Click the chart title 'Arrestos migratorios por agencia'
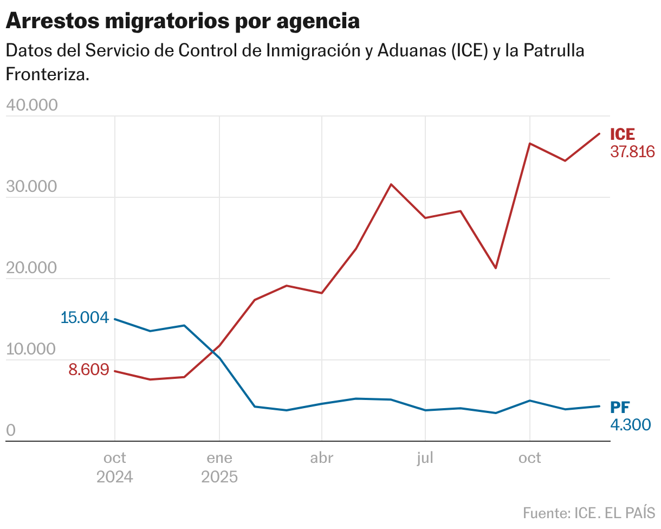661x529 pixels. [x=183, y=21]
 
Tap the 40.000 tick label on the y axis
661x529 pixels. [x=31, y=106]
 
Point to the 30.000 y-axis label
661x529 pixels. [x=31, y=187]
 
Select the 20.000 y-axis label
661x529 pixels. [x=31, y=268]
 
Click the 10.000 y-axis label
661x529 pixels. [x=31, y=350]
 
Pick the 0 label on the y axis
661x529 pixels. [x=11, y=431]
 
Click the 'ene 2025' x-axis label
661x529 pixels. [x=219, y=467]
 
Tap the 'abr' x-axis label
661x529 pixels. [x=322, y=458]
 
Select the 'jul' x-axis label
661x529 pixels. [x=425, y=458]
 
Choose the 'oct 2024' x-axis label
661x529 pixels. [x=115, y=467]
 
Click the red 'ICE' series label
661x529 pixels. [x=623, y=134]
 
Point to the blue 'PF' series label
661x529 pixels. [x=620, y=407]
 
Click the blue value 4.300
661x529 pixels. [x=630, y=424]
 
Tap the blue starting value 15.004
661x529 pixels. [x=85, y=317]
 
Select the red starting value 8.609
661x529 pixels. [x=89, y=370]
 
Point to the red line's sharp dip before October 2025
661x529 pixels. [x=495, y=268]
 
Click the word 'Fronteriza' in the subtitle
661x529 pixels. [x=47, y=74]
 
